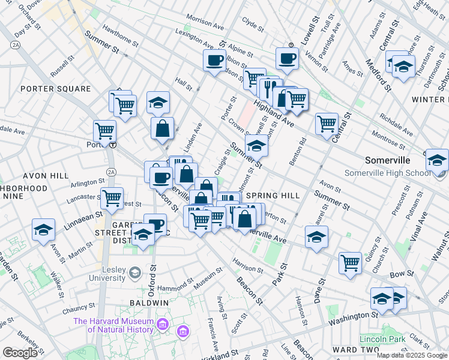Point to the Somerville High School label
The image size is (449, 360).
(x=384, y=173)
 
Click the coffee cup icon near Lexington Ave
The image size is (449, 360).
(x=214, y=60)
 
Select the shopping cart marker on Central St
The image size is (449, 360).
(x=327, y=124)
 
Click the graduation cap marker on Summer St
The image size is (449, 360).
(x=256, y=145)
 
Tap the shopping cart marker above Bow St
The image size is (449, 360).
(x=350, y=262)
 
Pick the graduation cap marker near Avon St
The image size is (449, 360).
(x=316, y=237)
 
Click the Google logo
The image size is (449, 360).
(x=20, y=353)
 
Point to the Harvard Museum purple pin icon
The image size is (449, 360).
(x=161, y=325)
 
